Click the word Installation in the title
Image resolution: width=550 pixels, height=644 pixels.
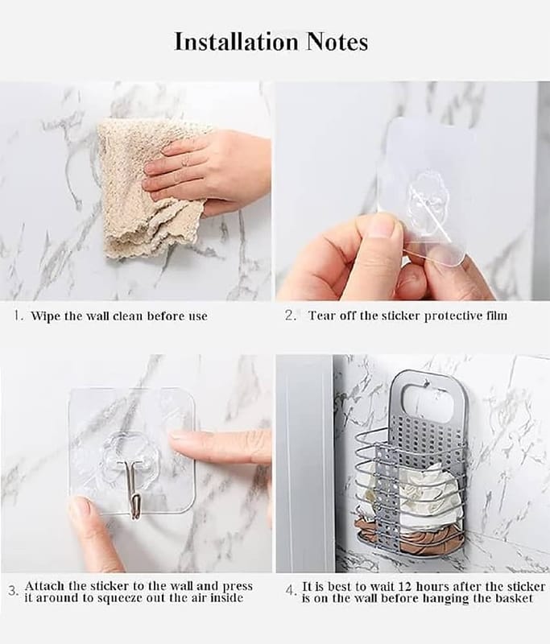(236, 42)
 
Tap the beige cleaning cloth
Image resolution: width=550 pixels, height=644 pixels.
(139, 189)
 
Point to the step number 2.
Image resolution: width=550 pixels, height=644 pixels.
(291, 316)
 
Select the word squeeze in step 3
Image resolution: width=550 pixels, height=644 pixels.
(118, 597)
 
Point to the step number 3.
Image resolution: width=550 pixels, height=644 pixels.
(14, 592)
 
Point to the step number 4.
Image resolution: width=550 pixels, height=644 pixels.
(291, 592)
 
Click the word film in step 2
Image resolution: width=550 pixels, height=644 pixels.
(498, 316)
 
